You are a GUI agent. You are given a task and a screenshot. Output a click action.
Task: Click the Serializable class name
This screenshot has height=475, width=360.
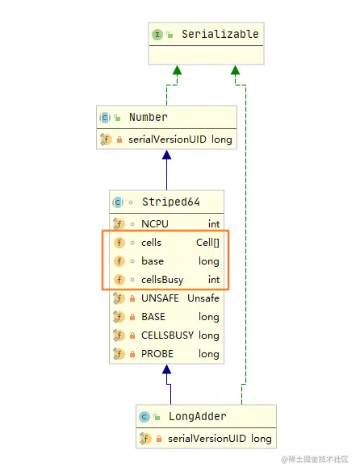pyautogui.click(x=220, y=35)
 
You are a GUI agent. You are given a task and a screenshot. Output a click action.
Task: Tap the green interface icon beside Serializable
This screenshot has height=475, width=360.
pyautogui.click(x=157, y=35)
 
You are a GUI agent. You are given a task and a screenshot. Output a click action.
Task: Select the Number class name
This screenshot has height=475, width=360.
pyautogui.click(x=148, y=118)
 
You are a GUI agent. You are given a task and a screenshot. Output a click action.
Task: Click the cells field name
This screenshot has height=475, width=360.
pyautogui.click(x=151, y=242)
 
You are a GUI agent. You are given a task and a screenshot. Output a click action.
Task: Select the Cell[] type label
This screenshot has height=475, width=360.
pyautogui.click(x=207, y=242)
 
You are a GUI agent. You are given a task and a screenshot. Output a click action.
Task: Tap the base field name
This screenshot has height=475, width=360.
pyautogui.click(x=152, y=261)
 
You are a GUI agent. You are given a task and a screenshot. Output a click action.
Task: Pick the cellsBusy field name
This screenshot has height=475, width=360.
pyautogui.click(x=161, y=280)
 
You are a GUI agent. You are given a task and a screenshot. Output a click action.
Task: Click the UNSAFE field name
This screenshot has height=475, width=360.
pyautogui.click(x=160, y=298)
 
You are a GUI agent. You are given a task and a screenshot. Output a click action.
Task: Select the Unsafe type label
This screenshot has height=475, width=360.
pyautogui.click(x=203, y=298)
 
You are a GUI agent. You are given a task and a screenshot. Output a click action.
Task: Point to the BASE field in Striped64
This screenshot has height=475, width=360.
pyautogui.click(x=153, y=317)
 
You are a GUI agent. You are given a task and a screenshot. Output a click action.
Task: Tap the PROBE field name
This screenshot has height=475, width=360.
pyautogui.click(x=157, y=354)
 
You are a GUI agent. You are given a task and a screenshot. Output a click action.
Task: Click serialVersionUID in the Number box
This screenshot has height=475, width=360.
pyautogui.click(x=167, y=140)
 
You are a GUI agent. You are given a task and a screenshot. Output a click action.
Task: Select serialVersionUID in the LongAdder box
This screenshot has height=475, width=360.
pyautogui.click(x=207, y=439)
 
